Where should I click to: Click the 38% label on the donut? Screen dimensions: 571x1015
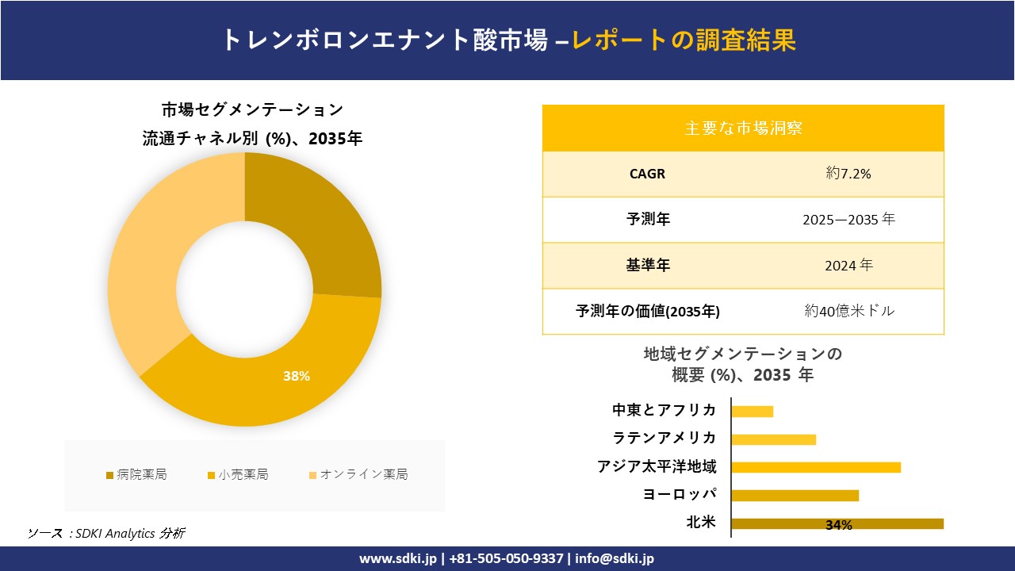coord(297,376)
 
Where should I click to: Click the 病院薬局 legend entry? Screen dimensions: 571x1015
coord(136,475)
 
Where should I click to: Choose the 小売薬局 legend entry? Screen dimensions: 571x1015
coord(238,475)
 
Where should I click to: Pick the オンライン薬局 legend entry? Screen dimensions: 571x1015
coord(358,475)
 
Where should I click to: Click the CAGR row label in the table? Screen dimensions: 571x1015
coord(647,174)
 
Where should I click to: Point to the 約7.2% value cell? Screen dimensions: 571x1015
coord(848,174)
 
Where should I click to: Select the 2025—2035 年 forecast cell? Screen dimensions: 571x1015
coord(848,220)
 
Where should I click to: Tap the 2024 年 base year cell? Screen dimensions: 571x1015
coord(848,266)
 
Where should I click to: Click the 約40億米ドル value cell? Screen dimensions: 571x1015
coord(848,312)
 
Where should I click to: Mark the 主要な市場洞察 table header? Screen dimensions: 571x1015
coord(743,128)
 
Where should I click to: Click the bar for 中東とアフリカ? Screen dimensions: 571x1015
coord(752,411)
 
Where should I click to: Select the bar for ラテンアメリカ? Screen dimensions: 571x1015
coord(773,439)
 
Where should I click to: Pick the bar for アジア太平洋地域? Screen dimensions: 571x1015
coord(816,467)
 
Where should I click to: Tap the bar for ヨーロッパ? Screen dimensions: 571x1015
coord(795,496)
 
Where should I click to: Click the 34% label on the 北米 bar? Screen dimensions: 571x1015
coord(838,525)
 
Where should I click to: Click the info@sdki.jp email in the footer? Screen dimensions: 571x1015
coord(615,558)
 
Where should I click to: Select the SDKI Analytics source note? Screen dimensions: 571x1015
coord(106,533)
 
